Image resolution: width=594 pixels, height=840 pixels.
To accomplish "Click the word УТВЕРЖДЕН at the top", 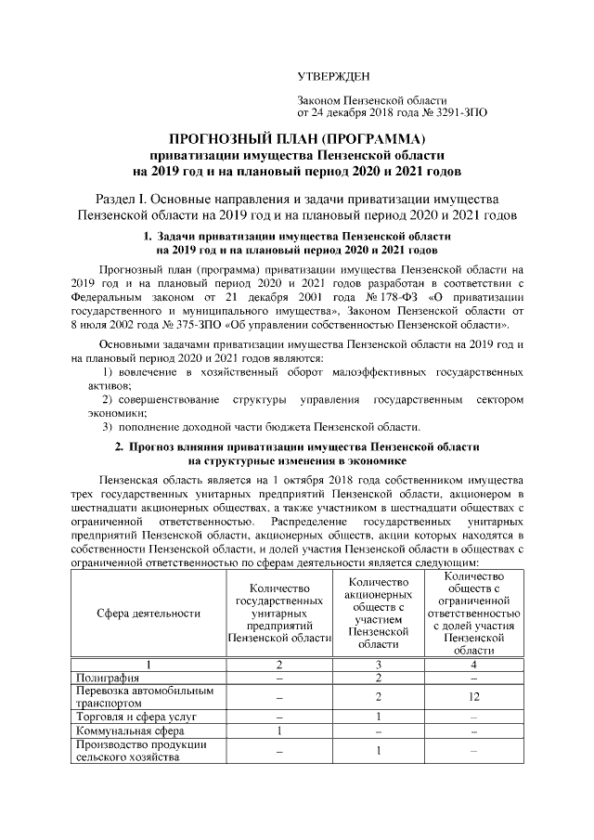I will coord(331,75).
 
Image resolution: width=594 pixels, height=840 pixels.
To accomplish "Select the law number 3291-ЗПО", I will coord(455,112).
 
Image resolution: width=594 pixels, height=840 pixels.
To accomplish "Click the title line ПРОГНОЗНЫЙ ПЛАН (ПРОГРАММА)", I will coord(296,138).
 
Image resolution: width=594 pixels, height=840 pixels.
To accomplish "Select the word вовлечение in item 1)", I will coord(148,371).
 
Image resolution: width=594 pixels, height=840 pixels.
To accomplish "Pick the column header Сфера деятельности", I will coord(149,613).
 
